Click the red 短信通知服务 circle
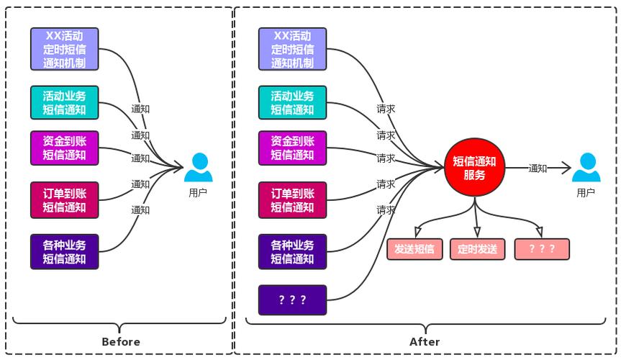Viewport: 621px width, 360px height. click(x=474, y=168)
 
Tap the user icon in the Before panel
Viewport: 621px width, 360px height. click(x=198, y=168)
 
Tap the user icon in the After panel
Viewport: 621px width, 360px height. click(x=586, y=168)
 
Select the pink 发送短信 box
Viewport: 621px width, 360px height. click(x=414, y=249)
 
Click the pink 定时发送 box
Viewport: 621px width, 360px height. click(x=478, y=249)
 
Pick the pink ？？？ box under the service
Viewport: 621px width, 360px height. click(x=542, y=249)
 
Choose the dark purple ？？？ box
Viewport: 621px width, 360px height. click(x=292, y=300)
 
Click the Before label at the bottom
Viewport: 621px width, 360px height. click(x=121, y=341)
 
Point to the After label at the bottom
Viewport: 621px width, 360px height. click(x=425, y=341)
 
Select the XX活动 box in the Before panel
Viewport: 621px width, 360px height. click(x=64, y=49)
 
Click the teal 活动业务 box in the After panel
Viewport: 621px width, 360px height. click(x=292, y=103)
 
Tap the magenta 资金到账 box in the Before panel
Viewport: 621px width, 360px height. click(x=64, y=148)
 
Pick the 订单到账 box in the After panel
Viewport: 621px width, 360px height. click(x=292, y=200)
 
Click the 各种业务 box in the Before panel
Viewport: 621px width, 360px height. click(x=64, y=252)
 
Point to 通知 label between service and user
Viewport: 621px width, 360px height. click(x=538, y=168)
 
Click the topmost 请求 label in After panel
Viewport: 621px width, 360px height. click(x=386, y=109)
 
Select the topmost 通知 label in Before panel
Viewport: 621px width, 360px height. click(x=140, y=109)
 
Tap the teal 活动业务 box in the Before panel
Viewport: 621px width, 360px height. click(x=64, y=103)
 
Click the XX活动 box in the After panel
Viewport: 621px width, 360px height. click(x=292, y=49)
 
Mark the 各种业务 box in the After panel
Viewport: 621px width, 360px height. click(x=292, y=252)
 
